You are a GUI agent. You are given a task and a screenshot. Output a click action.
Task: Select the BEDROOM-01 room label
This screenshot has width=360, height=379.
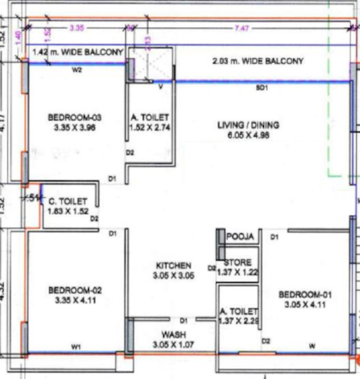305,295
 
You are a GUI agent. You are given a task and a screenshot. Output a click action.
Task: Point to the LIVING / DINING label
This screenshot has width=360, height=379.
248,125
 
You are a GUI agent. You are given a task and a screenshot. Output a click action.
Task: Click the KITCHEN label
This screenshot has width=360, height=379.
173,265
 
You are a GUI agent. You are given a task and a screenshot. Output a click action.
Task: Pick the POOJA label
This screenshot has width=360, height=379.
240,237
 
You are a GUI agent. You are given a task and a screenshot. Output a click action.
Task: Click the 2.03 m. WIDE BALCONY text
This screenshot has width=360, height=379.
257,62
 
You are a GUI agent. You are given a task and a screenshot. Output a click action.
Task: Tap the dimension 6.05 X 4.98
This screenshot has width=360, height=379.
248,135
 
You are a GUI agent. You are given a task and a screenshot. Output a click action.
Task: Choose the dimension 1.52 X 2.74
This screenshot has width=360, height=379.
150,127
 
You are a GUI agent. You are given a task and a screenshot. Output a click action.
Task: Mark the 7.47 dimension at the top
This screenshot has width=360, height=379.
241,29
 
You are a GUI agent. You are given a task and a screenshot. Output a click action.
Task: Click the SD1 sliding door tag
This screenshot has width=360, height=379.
261,88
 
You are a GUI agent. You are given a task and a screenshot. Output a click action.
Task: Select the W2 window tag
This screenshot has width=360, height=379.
77,70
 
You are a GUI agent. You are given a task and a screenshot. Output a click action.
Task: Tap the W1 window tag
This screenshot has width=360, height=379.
76,347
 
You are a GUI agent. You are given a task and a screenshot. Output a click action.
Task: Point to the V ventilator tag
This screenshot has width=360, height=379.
160,87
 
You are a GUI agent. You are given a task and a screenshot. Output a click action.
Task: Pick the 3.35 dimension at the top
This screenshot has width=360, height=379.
76,29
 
